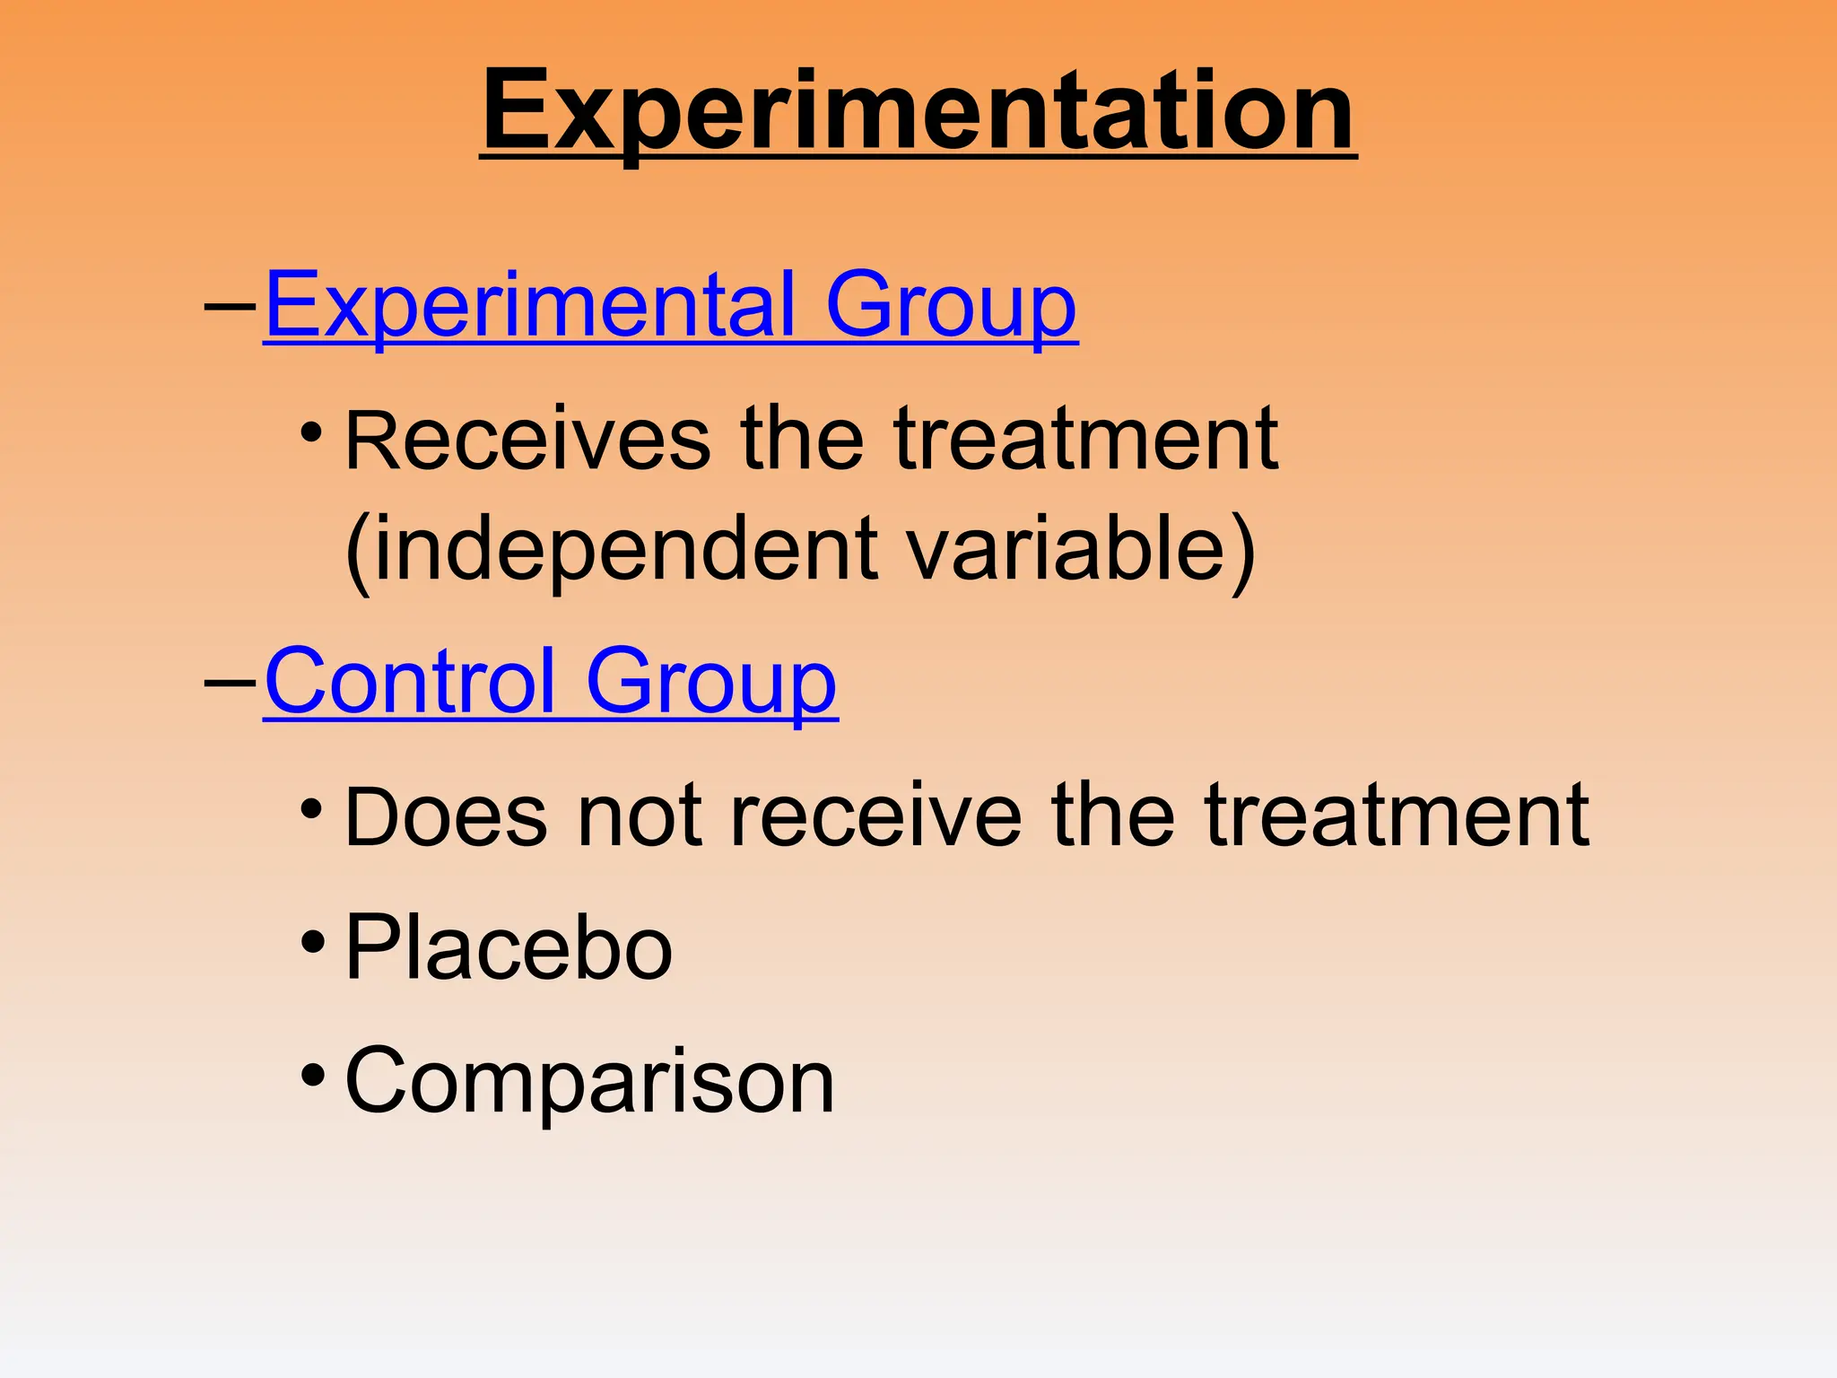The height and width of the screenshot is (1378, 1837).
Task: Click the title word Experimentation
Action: coord(918,112)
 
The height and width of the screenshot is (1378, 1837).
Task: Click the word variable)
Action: coord(1081,549)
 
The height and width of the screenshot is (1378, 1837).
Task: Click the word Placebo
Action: coord(509,948)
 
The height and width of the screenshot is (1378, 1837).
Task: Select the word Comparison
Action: coord(589,1081)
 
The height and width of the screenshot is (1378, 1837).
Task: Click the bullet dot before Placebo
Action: coord(312,943)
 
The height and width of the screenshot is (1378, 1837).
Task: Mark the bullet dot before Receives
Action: coord(312,433)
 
